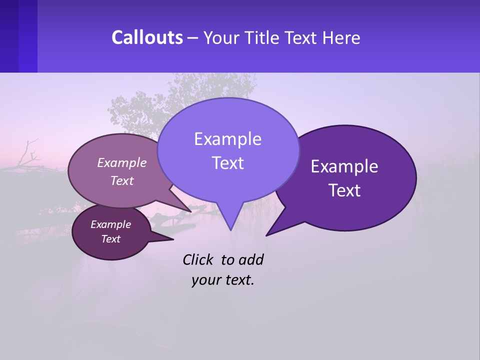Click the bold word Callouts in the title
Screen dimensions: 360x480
(147, 37)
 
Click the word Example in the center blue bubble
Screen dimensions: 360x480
(227, 139)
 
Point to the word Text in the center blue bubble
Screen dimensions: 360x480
(227, 163)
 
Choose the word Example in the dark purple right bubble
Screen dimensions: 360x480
(344, 166)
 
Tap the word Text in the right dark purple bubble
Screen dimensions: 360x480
(344, 190)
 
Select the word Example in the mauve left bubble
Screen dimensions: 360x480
(122, 162)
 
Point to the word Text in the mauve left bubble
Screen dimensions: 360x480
(122, 180)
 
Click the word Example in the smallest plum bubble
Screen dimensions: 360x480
(110, 224)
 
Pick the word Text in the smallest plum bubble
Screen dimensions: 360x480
(110, 239)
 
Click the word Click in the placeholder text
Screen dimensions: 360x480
(197, 259)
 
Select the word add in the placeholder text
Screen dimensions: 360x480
(250, 259)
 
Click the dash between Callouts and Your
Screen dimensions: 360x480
(193, 37)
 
